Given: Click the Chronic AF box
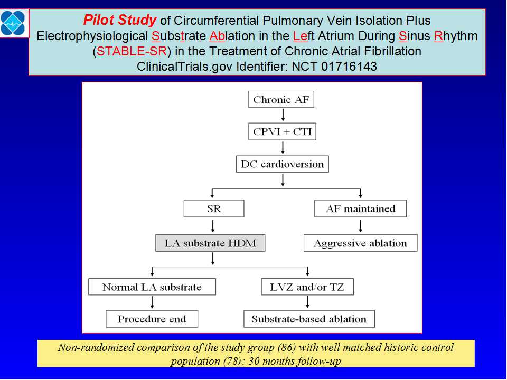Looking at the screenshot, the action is point(281,100).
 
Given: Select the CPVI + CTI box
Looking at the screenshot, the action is point(282,131).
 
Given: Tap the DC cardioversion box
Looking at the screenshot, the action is point(282,164).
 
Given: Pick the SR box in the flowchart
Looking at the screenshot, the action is point(214,208).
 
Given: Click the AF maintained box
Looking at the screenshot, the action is point(361,208).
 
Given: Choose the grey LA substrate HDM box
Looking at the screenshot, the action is point(210,243).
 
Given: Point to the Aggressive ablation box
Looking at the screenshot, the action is point(361,243).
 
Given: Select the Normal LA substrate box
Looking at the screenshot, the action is point(152,287).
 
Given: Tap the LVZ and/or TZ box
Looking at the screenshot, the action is point(307,287).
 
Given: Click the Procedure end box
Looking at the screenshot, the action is point(152,319).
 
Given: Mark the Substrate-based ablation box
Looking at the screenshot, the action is point(309,319).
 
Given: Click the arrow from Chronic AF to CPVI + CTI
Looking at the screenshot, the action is point(283,115).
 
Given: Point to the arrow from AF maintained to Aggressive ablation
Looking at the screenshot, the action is point(361,226).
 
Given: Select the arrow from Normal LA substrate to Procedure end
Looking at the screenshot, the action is point(152,302).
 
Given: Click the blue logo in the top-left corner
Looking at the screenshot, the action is point(13,23).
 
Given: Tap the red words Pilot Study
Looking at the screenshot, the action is point(120,20).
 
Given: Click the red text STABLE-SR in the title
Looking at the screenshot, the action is point(132,51).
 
